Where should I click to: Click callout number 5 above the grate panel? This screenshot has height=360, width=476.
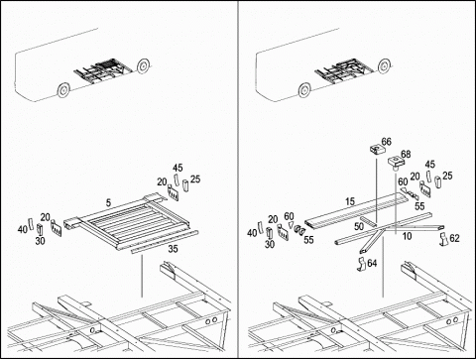(108, 203)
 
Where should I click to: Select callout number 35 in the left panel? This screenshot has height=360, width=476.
(173, 249)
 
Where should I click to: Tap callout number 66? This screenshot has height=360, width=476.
(386, 142)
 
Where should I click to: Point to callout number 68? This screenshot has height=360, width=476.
(406, 154)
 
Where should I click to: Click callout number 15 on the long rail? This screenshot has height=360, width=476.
(350, 201)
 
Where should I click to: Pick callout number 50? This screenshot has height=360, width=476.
(359, 226)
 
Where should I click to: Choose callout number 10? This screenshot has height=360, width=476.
(407, 236)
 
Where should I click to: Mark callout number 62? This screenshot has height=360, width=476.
(454, 238)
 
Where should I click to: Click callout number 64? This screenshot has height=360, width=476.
(372, 263)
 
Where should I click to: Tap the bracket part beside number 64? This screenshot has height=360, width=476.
(361, 265)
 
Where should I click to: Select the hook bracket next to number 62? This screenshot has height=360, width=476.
(444, 239)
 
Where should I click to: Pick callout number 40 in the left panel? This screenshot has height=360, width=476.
(22, 229)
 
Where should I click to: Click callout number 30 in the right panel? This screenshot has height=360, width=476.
(270, 244)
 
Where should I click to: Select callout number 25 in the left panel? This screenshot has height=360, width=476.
(195, 180)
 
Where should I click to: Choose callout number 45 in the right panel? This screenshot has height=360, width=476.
(429, 165)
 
